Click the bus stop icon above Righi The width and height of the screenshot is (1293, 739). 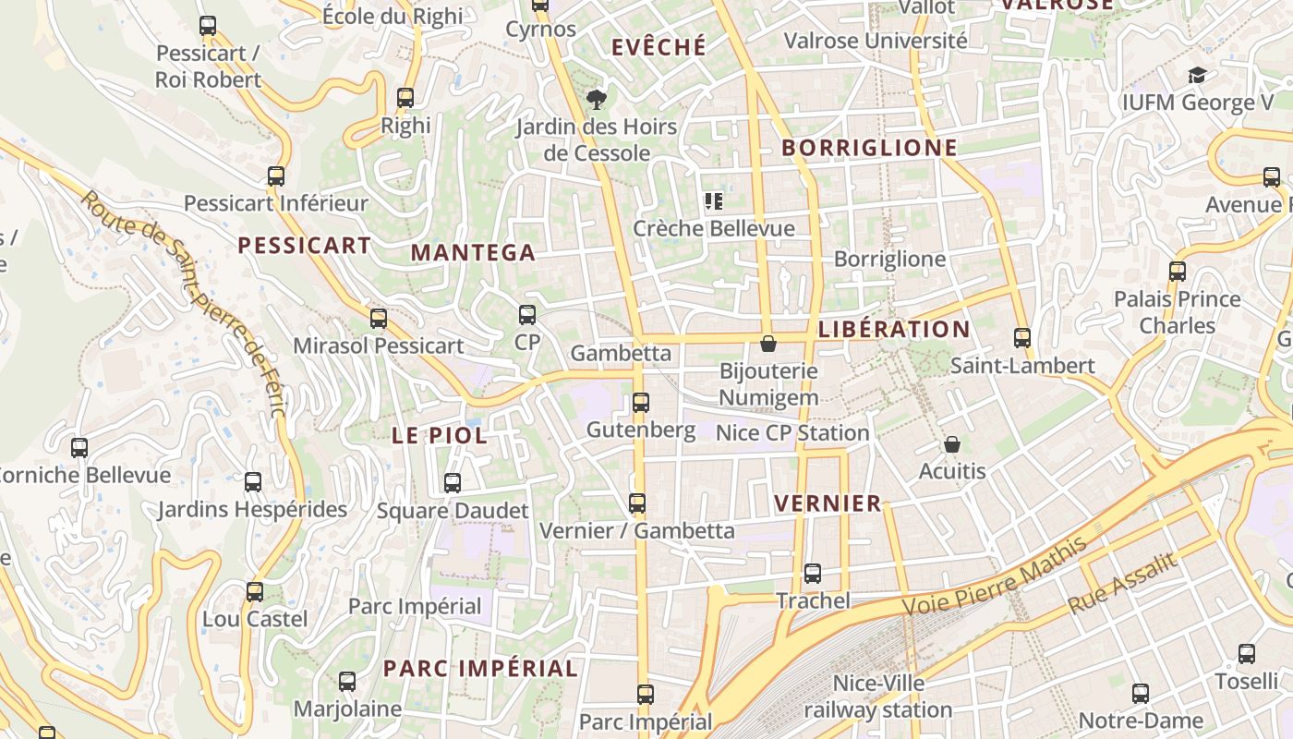[x=405, y=98]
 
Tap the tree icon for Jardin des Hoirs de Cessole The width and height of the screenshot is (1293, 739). [x=597, y=99]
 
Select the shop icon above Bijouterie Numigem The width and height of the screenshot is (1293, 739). [x=767, y=344]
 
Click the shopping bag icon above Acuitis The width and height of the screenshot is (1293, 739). [x=952, y=444]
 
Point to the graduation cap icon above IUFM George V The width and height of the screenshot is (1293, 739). [x=1197, y=75]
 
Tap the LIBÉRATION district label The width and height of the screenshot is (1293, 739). [x=894, y=330]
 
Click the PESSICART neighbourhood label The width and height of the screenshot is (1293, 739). [x=304, y=246]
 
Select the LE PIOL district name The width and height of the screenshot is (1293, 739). [x=440, y=436]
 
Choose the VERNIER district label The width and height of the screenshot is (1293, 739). [x=828, y=503]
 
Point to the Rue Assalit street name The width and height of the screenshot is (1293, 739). [x=1123, y=583]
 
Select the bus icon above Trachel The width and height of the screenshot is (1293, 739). [x=813, y=574]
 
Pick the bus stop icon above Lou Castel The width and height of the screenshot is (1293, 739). [x=255, y=592]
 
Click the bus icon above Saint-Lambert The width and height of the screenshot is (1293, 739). [x=1022, y=338]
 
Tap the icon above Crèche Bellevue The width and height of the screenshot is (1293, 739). [x=713, y=200]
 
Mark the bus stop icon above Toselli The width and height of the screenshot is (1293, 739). [x=1247, y=654]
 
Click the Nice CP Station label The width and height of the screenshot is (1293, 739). [x=792, y=432]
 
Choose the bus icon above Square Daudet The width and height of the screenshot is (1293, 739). [x=453, y=483]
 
